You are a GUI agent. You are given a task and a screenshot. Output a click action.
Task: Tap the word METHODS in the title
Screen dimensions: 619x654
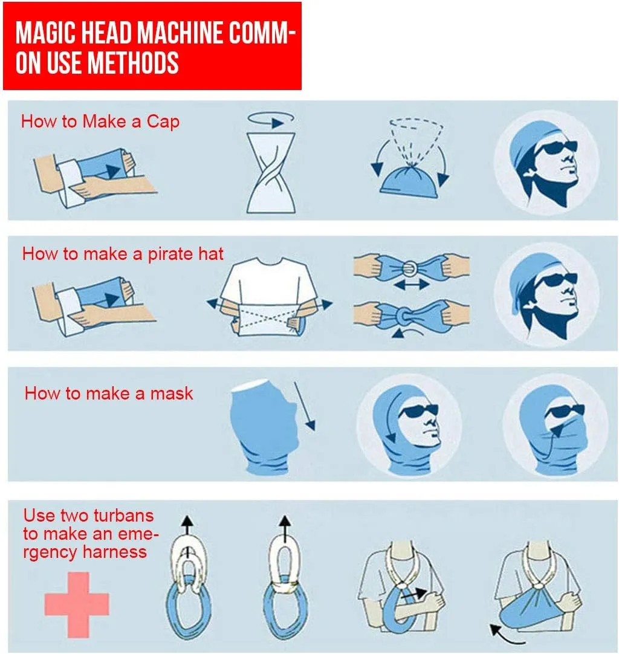(x=134, y=63)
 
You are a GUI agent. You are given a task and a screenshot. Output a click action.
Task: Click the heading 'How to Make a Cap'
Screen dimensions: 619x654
(x=100, y=121)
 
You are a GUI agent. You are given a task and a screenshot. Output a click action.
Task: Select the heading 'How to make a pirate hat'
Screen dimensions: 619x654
(x=123, y=254)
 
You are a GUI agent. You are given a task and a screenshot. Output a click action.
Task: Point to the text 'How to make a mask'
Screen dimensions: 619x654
(x=109, y=393)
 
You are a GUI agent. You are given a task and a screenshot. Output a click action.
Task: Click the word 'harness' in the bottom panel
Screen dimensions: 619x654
(x=115, y=552)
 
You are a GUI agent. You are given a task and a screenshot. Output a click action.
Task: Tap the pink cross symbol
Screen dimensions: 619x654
(x=77, y=604)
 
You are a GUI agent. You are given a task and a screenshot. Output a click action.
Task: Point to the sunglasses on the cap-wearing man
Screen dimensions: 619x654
(x=556, y=147)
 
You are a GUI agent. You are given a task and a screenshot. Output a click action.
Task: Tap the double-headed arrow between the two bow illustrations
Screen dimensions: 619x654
(x=411, y=285)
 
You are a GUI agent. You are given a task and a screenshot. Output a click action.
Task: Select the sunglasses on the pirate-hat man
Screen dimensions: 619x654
(x=556, y=279)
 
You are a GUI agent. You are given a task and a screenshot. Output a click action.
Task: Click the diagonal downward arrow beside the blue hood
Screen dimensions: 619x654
(x=305, y=406)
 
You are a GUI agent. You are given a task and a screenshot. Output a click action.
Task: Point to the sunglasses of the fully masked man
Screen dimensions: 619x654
(x=565, y=412)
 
